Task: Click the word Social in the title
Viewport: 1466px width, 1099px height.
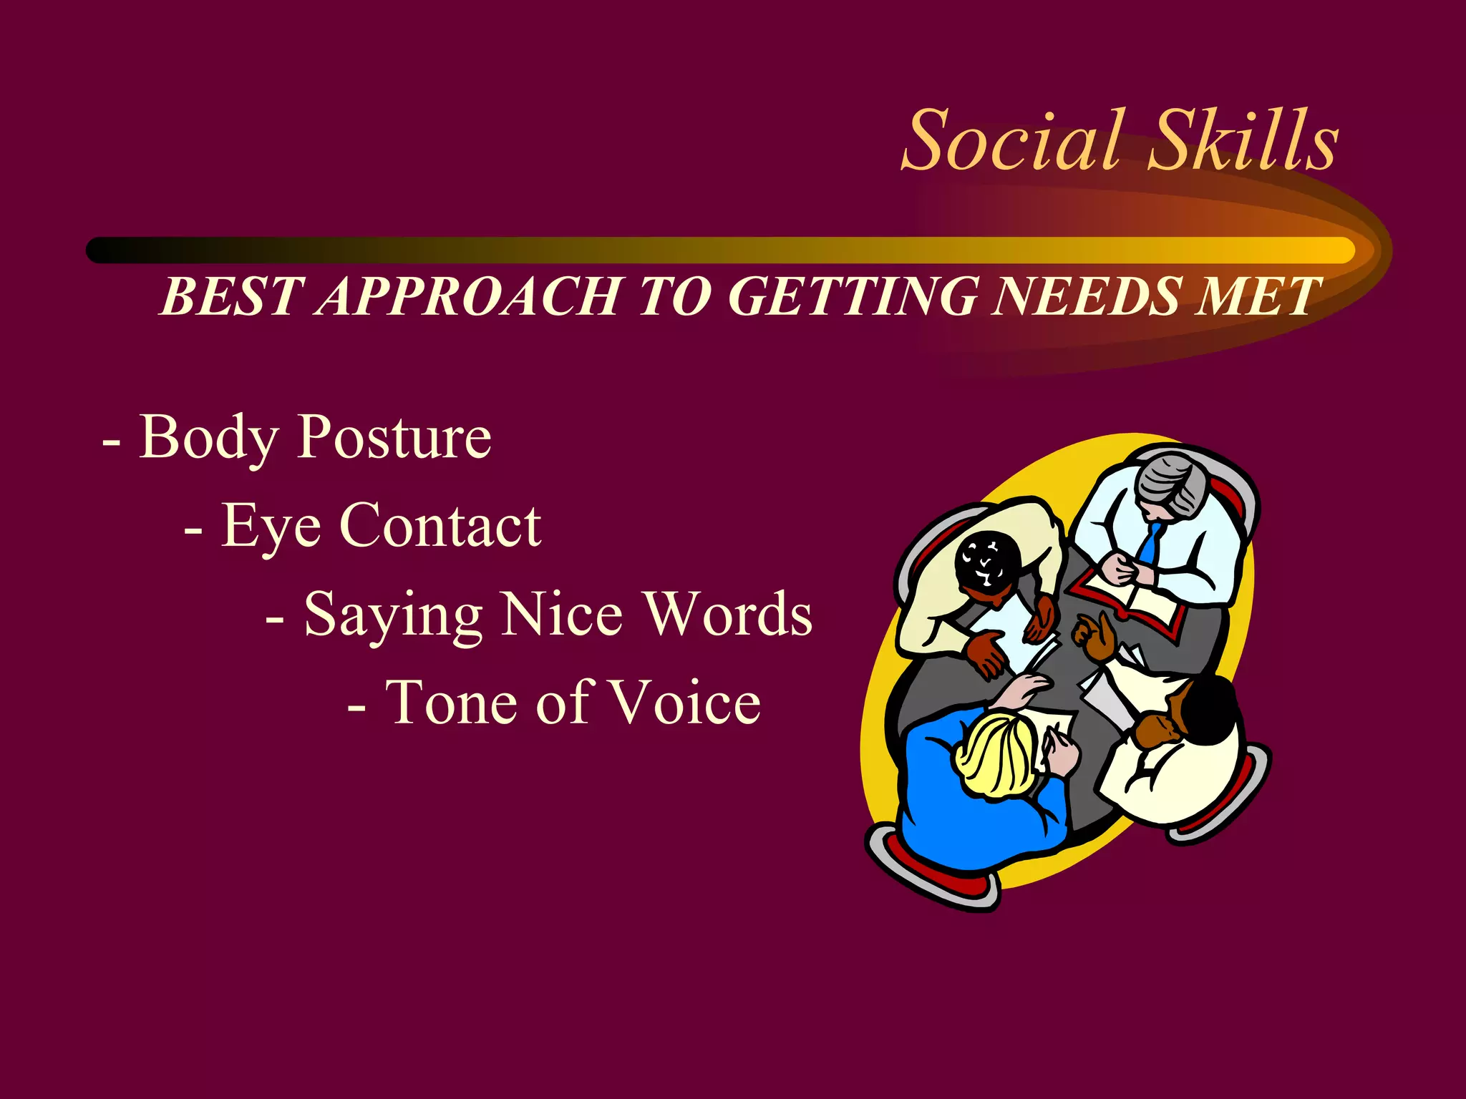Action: click(x=1011, y=140)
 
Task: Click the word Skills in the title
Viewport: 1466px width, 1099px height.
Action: click(x=1243, y=140)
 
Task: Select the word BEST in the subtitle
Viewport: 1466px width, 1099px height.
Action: click(x=231, y=296)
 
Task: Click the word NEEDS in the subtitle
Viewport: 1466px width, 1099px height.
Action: click(x=1087, y=296)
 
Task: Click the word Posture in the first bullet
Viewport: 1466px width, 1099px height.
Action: click(x=394, y=438)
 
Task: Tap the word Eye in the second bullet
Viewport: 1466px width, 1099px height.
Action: click(x=271, y=527)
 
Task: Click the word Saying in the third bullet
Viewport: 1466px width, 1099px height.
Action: click(x=393, y=615)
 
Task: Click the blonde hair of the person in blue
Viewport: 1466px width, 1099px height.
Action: click(x=995, y=755)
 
